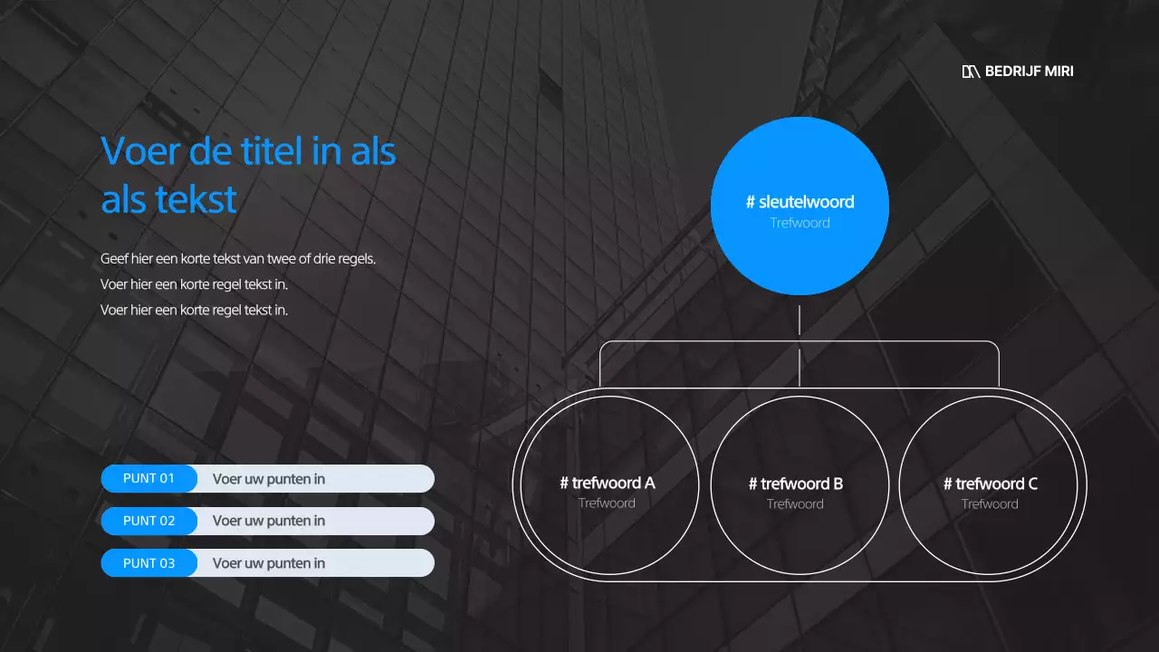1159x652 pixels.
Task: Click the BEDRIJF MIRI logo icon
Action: [x=971, y=72]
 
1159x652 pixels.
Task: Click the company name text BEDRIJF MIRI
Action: [x=1030, y=72]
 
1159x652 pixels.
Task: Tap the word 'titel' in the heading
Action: [x=272, y=151]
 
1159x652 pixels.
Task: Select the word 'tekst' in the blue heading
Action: [x=195, y=198]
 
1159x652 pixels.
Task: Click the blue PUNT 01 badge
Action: [x=148, y=478]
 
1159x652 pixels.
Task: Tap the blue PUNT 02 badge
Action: [x=148, y=521]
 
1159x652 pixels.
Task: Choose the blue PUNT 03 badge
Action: [x=148, y=563]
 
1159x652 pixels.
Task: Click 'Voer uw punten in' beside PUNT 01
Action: [x=269, y=479]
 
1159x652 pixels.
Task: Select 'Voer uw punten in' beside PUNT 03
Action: [x=269, y=563]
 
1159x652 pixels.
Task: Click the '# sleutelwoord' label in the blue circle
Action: [x=800, y=202]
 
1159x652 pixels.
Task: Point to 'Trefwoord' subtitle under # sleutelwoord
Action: [x=800, y=223]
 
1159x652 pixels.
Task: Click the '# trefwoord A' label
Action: [x=607, y=484]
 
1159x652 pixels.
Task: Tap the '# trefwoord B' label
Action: [x=795, y=484]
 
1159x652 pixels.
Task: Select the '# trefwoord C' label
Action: [x=990, y=484]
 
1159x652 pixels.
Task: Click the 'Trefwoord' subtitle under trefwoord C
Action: [x=990, y=504]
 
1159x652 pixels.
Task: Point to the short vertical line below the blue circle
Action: [x=800, y=321]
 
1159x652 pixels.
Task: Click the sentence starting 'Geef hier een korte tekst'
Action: [x=238, y=259]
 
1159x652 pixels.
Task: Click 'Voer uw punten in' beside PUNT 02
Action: [x=269, y=521]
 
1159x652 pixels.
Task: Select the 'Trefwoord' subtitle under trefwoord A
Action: [x=607, y=503]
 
